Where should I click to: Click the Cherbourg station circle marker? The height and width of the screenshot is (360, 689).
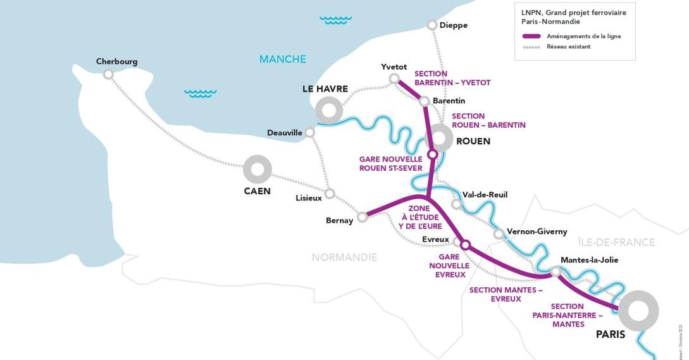[108, 74]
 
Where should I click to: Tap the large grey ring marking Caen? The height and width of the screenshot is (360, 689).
[258, 170]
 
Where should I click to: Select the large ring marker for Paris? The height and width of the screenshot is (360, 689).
[638, 311]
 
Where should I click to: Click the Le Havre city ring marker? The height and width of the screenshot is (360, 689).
[329, 111]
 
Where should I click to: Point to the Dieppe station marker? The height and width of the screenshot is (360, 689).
[432, 25]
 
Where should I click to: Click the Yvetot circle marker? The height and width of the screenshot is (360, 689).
[394, 78]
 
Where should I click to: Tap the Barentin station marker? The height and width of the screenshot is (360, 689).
[425, 101]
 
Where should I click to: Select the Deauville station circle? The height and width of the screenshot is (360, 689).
[309, 132]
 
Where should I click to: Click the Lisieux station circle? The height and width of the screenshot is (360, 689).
[330, 194]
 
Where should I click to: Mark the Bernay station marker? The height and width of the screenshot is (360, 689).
[362, 217]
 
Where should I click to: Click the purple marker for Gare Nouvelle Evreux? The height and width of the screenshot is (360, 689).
[465, 244]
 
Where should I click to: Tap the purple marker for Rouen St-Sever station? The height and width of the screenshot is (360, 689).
[433, 154]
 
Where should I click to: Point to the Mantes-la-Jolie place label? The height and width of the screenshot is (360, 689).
[589, 259]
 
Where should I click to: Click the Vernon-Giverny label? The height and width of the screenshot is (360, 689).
[537, 232]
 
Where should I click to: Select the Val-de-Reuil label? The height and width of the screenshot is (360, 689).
[485, 195]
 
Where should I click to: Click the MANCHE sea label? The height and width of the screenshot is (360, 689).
[282, 59]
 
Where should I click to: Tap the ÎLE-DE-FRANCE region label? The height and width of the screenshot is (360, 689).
[616, 242]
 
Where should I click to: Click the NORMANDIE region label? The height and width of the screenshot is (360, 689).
[344, 257]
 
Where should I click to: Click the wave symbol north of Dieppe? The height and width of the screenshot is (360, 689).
[335, 20]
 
